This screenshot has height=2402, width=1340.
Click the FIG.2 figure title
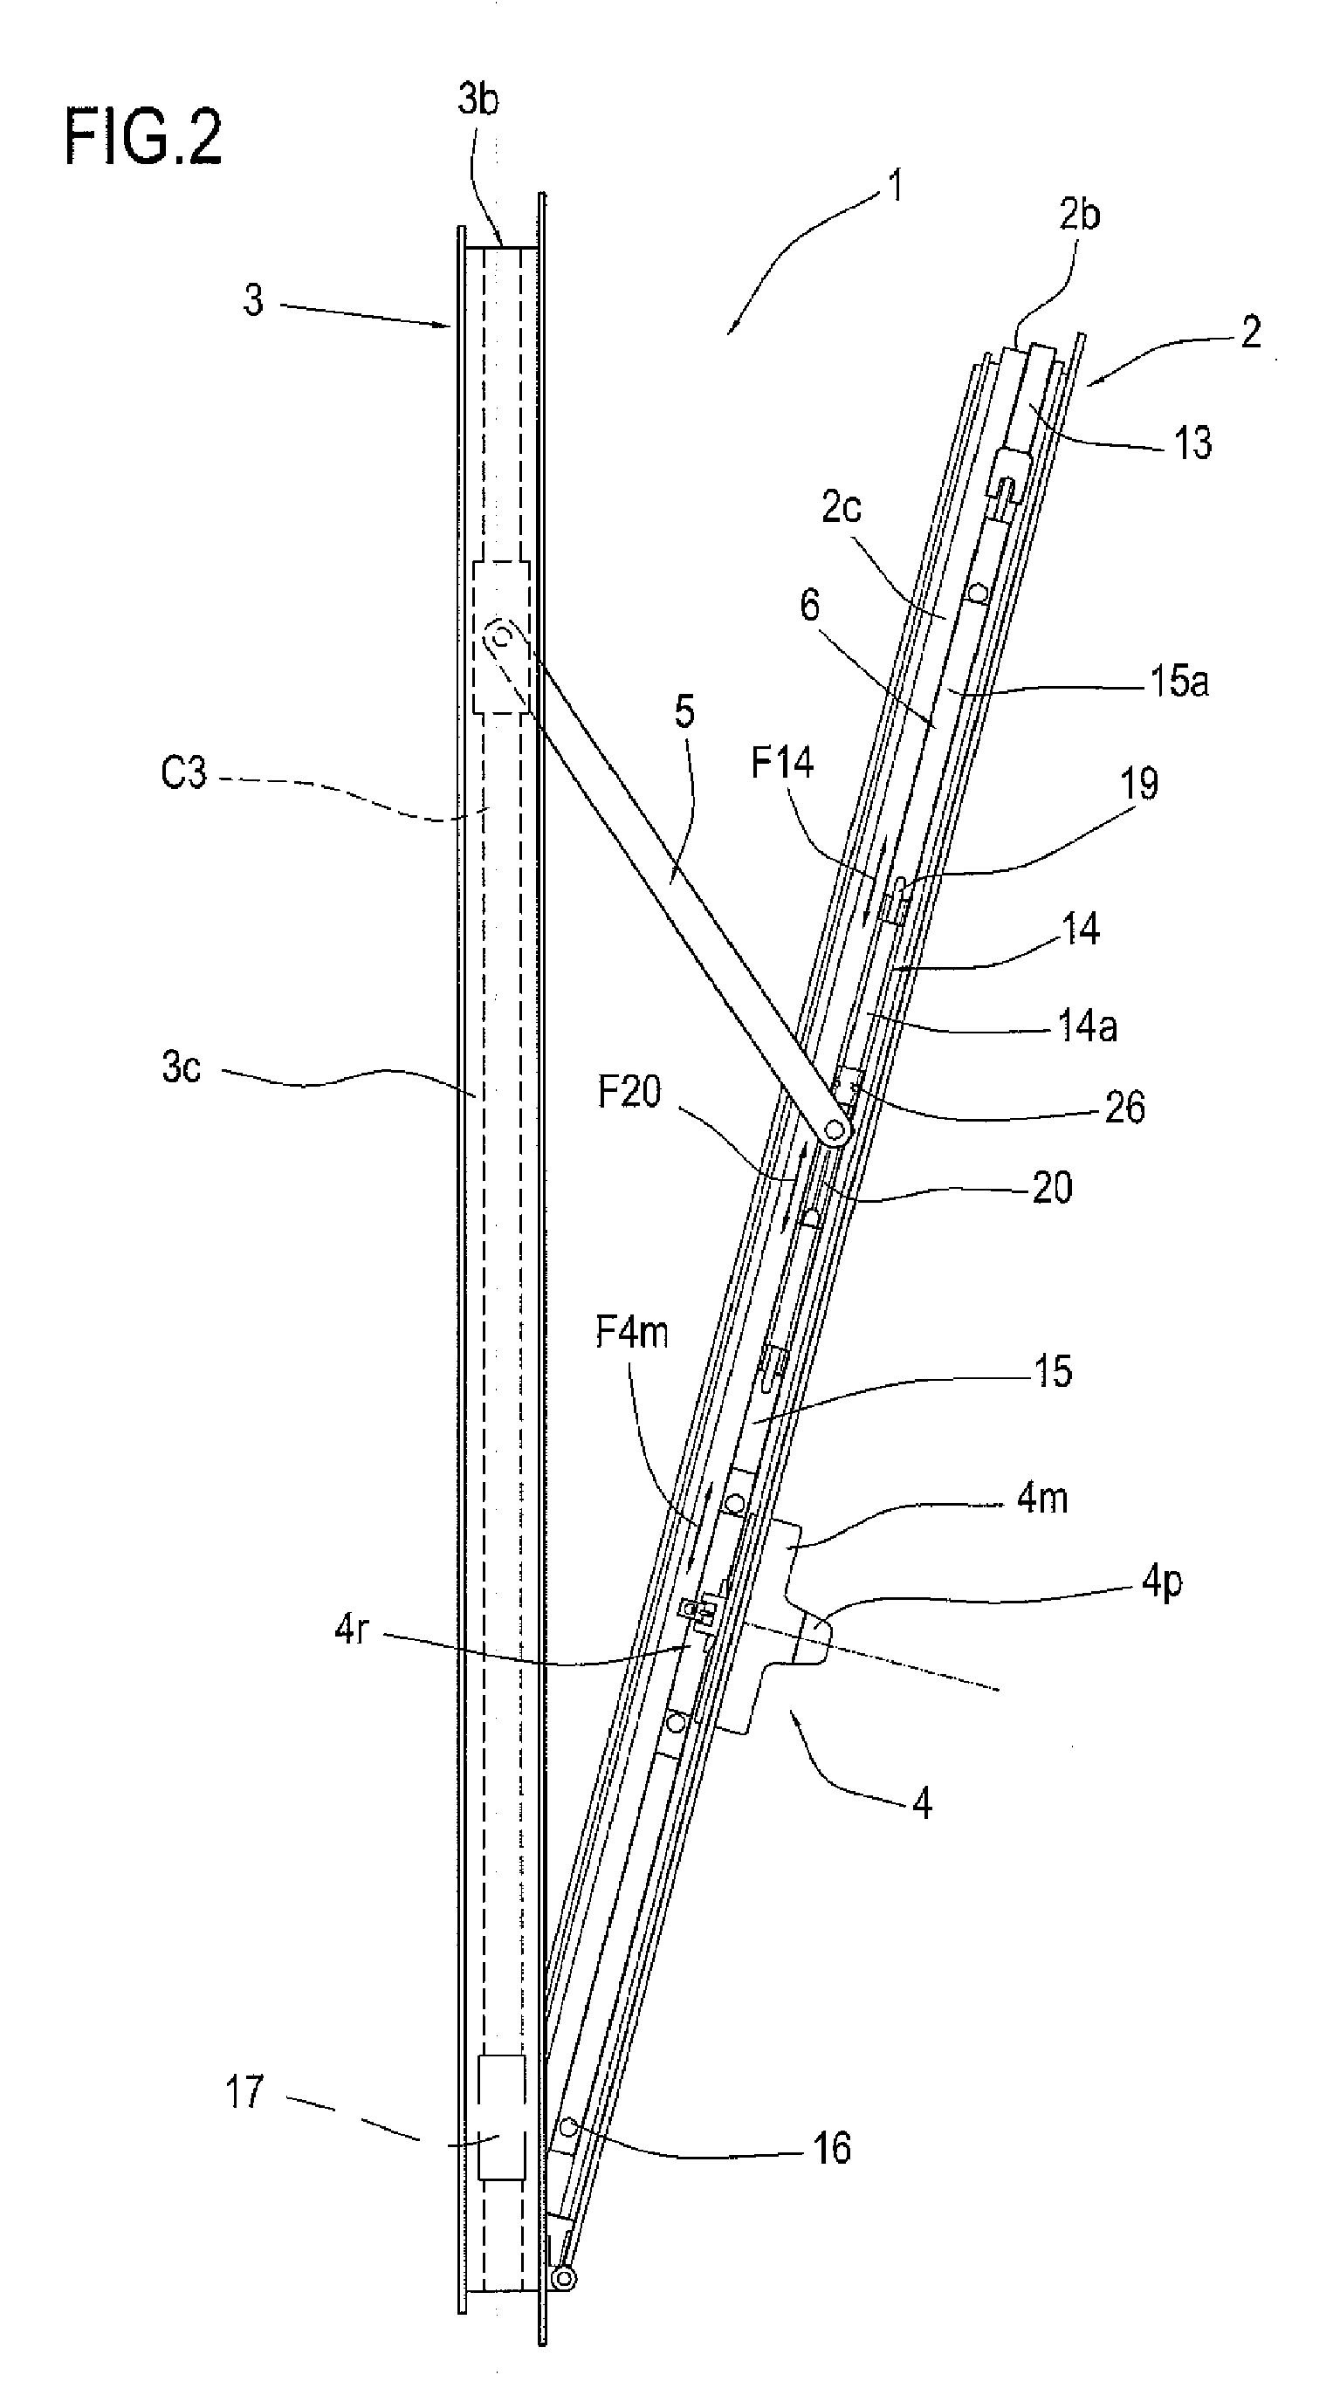point(142,137)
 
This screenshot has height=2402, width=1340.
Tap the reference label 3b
point(478,99)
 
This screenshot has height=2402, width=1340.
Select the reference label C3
point(182,773)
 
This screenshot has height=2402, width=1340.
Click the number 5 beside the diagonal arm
point(684,712)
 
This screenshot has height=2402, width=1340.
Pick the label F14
point(781,763)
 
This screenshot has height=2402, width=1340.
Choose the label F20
point(629,1091)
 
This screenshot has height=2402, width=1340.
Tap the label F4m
point(632,1333)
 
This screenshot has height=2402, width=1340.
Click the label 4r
point(352,1630)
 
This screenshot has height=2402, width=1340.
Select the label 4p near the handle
point(1162,1582)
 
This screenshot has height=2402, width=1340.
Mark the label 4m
point(1041,1498)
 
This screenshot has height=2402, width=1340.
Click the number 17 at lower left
point(244,2092)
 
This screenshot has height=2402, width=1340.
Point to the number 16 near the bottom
point(831,2148)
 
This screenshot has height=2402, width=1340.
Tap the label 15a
point(1179,682)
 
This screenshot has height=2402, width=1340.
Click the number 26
point(1124,1108)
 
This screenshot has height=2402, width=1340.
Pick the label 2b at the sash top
point(1079,215)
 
